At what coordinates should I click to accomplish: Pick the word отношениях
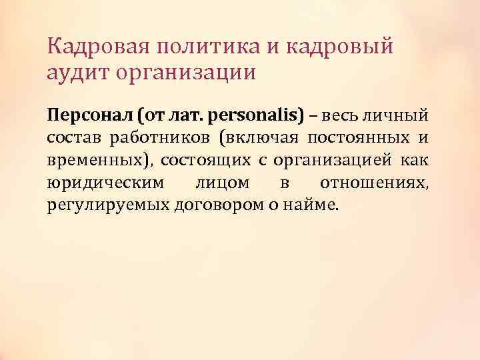click(373, 183)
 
